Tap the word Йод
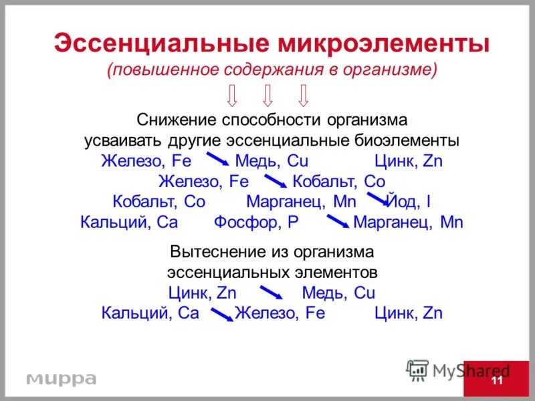402,202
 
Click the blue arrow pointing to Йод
379,198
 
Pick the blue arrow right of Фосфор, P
337,221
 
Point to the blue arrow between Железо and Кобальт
275,181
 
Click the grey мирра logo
61,379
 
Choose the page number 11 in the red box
496,381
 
